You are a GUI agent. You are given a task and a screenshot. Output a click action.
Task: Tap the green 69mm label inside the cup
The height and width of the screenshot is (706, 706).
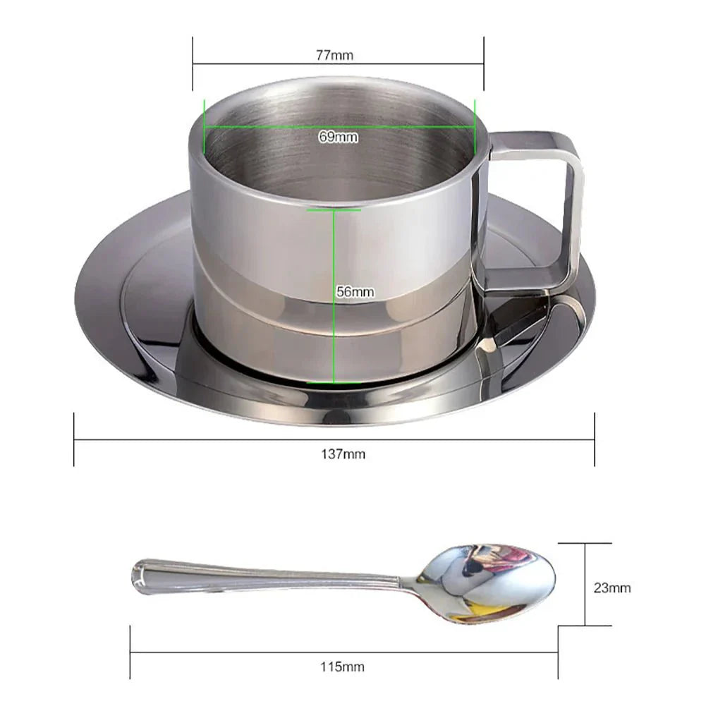coord(338,137)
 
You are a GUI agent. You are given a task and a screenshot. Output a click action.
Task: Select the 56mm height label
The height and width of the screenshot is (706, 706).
coord(355,291)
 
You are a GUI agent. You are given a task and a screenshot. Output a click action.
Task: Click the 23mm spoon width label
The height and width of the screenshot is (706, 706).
coord(611,587)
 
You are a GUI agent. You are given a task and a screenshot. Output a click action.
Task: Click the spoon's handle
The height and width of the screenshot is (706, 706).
coord(268,574)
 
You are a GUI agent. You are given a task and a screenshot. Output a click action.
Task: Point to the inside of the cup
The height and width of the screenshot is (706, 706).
coord(339,162)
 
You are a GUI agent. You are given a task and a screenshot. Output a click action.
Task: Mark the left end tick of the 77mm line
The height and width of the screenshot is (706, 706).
coord(193,64)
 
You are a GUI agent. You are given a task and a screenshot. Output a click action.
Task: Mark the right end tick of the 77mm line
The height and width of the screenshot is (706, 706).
coord(484,64)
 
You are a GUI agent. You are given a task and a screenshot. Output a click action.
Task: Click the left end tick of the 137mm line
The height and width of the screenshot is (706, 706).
coord(74,440)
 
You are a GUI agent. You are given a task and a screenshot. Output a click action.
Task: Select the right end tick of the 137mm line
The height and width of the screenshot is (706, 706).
coord(595,440)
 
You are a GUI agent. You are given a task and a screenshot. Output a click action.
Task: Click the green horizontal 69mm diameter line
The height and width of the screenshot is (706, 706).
coord(268,128)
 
